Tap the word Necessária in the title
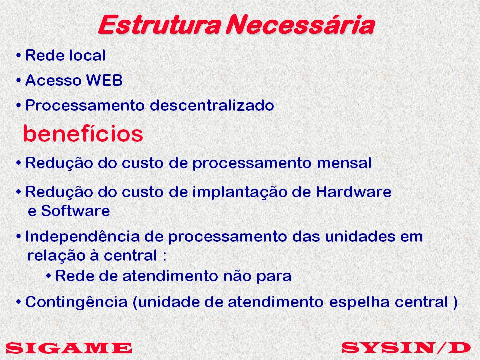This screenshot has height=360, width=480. point(300,24)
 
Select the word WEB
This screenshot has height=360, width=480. point(104,80)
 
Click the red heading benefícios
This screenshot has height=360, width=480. point(83,134)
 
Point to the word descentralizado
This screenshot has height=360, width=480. point(212,105)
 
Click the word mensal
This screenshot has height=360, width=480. point(344,163)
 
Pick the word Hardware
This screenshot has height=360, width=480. point(354,192)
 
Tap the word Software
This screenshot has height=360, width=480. point(75,211)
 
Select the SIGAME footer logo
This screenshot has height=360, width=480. point(69,348)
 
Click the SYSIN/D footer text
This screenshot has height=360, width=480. point(406,348)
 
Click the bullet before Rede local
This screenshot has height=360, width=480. point(19,56)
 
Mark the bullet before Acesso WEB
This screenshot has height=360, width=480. point(19,81)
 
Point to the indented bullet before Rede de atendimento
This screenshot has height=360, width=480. point(48,276)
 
